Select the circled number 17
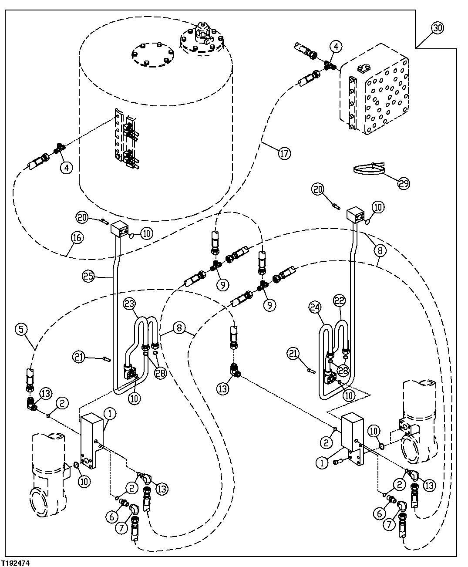[x=284, y=153]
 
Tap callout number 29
[x=404, y=184]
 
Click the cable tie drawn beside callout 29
[x=370, y=169]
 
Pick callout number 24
[x=316, y=307]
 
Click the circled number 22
[x=339, y=300]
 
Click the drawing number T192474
[x=18, y=563]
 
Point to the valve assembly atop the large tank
[x=203, y=34]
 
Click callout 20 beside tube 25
[x=82, y=216]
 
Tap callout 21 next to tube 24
[x=293, y=354]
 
